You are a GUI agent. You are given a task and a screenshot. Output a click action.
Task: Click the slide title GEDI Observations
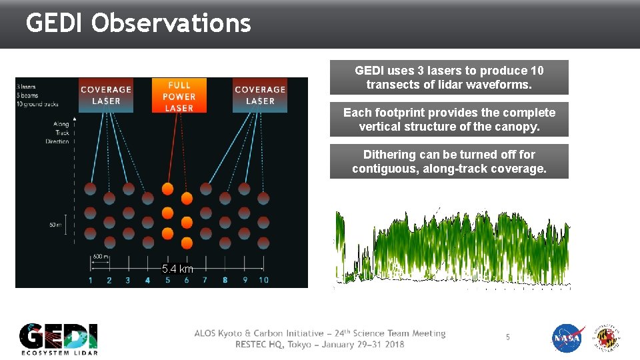[x=138, y=23]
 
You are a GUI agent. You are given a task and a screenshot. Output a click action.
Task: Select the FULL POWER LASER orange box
[x=179, y=96]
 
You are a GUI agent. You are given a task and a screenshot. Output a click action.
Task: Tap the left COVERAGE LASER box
[x=106, y=95]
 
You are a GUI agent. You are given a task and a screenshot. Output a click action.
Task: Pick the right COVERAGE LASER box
[x=260, y=95]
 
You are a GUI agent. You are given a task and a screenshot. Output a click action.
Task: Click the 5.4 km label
[x=177, y=269]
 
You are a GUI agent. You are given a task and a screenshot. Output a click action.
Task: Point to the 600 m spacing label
[x=101, y=257]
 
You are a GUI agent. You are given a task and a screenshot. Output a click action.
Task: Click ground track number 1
[x=91, y=280]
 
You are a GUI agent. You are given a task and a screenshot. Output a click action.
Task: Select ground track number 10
[x=263, y=280]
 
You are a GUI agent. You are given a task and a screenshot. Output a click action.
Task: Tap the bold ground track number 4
[x=147, y=280]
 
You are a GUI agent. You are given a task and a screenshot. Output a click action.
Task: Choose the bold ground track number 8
[x=225, y=280]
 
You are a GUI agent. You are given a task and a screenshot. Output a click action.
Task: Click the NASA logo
[x=568, y=338]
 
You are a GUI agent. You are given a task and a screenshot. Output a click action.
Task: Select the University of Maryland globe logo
[x=607, y=338]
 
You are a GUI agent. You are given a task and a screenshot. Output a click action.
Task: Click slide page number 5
[x=507, y=337]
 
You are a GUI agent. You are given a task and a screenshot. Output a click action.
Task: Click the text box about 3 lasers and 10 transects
[x=449, y=77]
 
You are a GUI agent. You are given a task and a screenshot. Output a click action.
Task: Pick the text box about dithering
[x=449, y=161]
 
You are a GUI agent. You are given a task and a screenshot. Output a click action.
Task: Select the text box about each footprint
[x=449, y=119]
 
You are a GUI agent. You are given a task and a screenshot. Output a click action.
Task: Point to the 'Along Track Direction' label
[x=57, y=133]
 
